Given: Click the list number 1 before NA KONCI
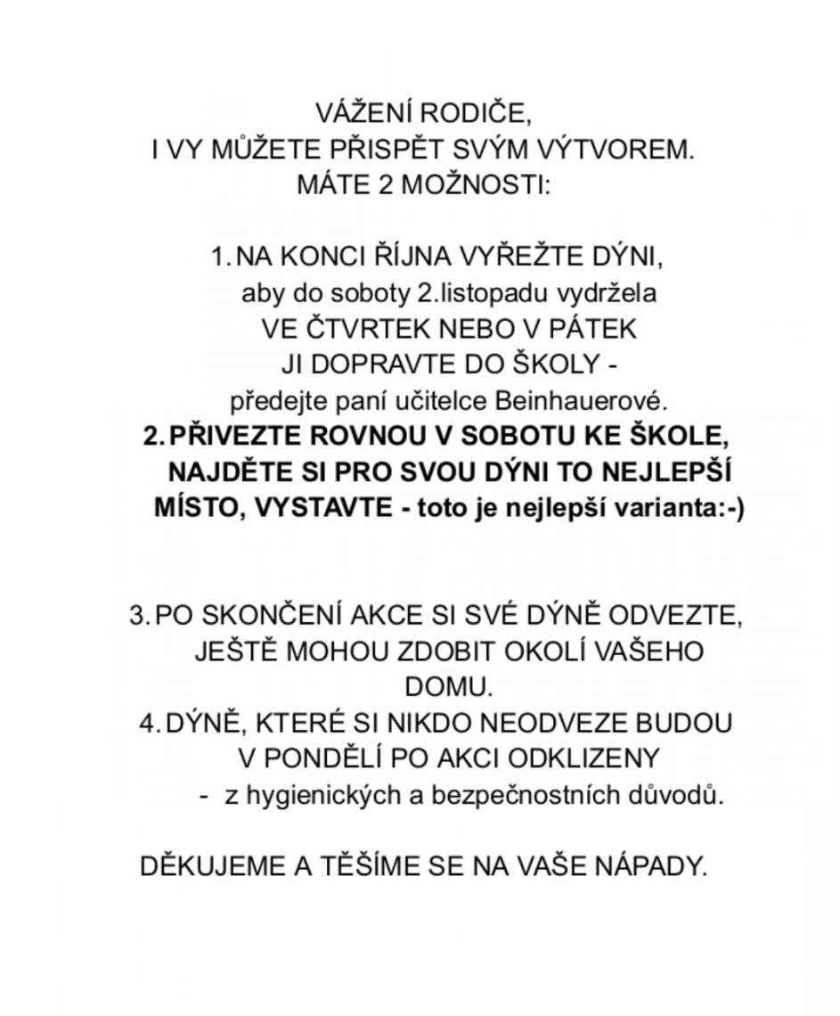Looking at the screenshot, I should [219, 258].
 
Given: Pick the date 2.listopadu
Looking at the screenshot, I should [485, 293].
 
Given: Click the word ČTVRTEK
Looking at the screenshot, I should [363, 329].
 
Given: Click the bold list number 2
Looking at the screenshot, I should [151, 437].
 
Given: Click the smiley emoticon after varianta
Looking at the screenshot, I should [728, 508].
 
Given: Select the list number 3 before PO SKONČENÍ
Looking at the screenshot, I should [138, 616].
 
